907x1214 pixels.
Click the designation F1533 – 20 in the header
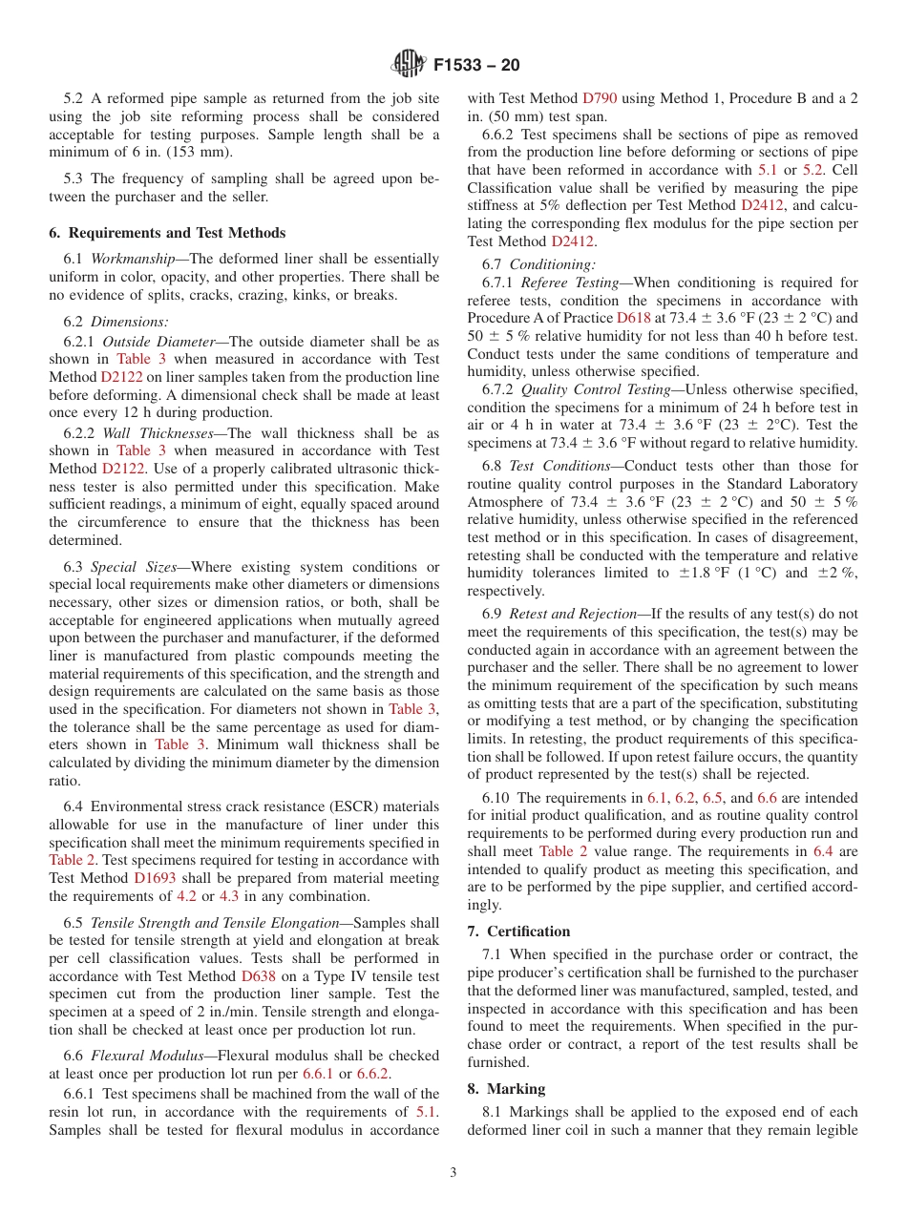tap(475, 66)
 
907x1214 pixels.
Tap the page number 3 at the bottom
tap(453, 1172)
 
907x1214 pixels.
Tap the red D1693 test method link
tap(155, 878)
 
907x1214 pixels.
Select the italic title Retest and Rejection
tap(573, 615)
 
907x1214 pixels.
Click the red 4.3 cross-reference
tap(229, 896)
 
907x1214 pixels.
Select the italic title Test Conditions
tap(559, 466)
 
